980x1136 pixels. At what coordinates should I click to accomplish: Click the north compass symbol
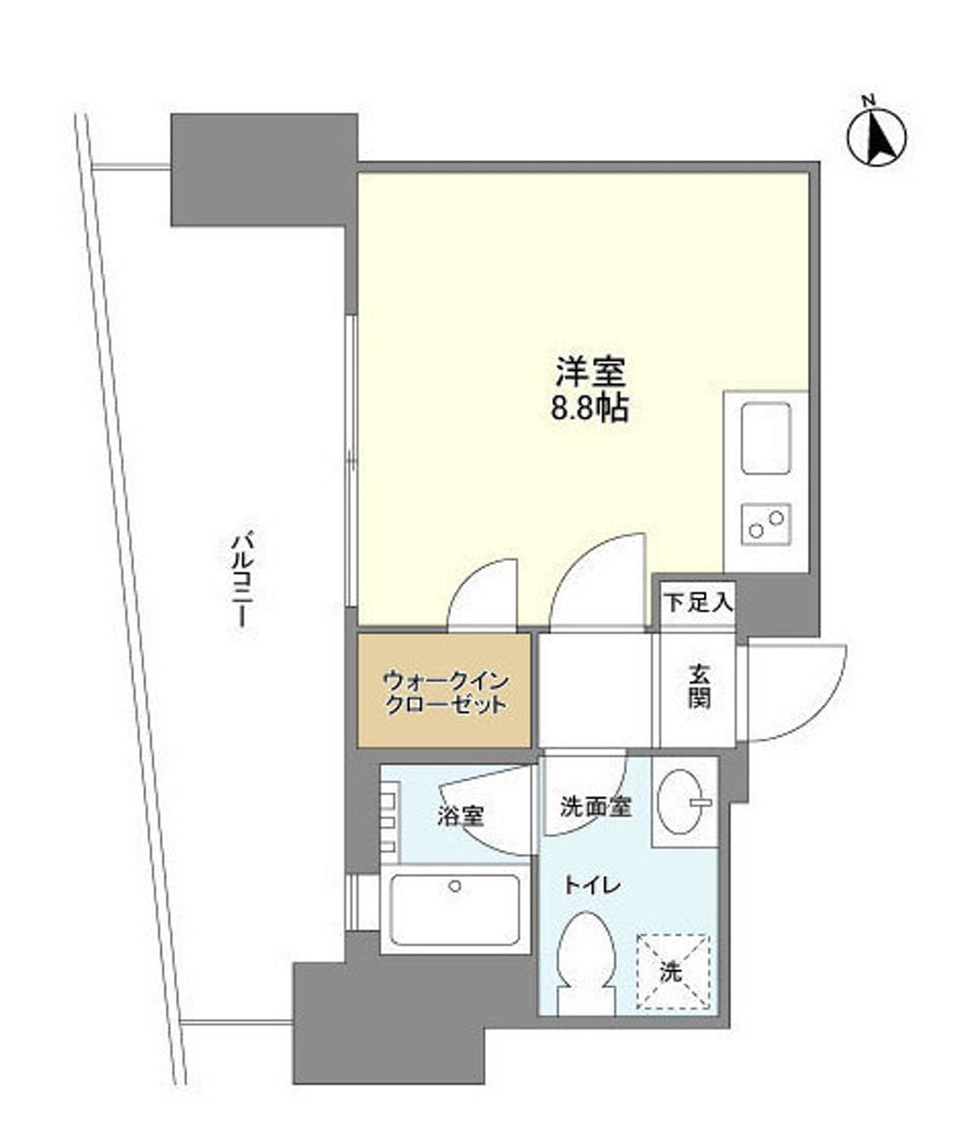click(876, 137)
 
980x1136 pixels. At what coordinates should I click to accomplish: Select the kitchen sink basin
click(766, 437)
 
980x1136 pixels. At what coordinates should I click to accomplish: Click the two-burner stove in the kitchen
click(766, 524)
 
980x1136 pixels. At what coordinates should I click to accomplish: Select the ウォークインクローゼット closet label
click(446, 692)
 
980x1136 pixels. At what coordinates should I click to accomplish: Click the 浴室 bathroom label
click(461, 816)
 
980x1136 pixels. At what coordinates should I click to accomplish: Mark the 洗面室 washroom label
click(595, 806)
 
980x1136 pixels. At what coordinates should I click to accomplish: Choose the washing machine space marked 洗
click(672, 972)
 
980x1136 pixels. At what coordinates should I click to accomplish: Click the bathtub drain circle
click(455, 885)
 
